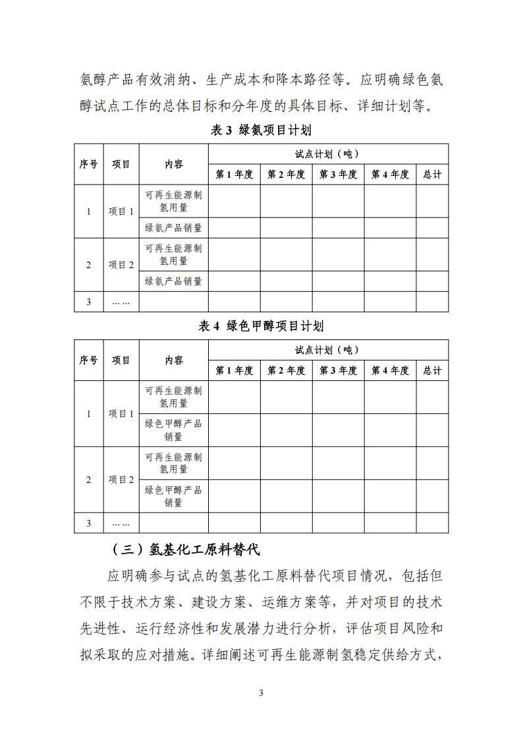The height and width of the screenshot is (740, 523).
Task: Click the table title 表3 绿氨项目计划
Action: (261, 130)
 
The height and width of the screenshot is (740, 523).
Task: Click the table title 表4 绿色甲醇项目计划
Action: (261, 326)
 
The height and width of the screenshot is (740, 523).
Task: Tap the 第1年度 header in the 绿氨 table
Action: (234, 175)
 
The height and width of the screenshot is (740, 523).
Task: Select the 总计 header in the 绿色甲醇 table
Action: (432, 370)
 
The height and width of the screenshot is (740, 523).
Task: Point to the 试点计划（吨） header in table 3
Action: (327, 154)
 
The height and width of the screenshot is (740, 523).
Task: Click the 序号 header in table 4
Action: (89, 360)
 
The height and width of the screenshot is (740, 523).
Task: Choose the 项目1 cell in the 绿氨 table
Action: (121, 212)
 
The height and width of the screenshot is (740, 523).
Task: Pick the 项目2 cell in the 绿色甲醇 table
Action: (121, 480)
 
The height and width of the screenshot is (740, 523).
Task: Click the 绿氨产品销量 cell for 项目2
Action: (174, 281)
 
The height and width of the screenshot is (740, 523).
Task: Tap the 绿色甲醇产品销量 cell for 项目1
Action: (174, 430)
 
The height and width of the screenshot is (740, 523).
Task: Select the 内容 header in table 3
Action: (174, 164)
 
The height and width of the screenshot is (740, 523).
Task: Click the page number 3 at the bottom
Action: (261, 693)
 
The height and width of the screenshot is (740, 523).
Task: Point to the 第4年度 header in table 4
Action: (390, 370)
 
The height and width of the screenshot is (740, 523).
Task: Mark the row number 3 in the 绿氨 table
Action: (89, 302)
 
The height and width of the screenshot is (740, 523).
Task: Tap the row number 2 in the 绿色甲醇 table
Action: (89, 480)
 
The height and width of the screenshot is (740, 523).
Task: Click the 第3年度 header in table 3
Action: (338, 175)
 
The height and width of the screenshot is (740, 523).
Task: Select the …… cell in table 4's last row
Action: (121, 523)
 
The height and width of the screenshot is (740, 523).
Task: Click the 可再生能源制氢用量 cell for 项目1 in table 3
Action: (174, 201)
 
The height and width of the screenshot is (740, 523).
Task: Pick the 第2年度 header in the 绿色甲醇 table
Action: (286, 370)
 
